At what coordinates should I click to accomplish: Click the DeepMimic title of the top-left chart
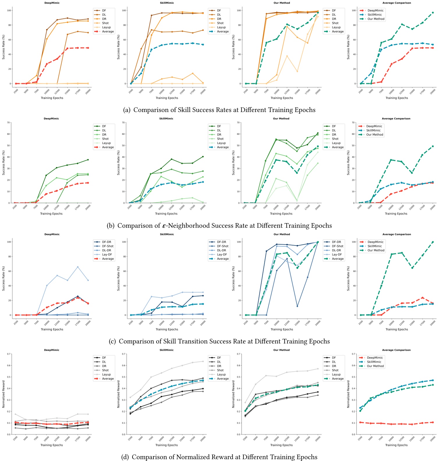tap(52, 3)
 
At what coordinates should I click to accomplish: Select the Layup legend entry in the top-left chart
tap(106, 27)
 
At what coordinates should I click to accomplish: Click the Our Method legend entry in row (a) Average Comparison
tap(376, 19)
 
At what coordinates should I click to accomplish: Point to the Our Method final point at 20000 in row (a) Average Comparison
tap(433, 12)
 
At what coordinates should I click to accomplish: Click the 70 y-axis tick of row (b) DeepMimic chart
tap(9, 123)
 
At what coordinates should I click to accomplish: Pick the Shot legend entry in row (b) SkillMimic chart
tap(220, 139)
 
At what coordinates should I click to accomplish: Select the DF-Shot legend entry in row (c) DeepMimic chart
tap(108, 246)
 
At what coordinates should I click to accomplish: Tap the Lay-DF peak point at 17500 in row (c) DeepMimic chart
tap(78, 267)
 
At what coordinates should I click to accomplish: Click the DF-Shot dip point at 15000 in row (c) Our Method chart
tap(297, 306)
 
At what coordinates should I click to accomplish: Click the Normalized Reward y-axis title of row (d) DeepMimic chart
tap(3, 394)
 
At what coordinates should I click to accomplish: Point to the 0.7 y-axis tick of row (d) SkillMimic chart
tap(124, 354)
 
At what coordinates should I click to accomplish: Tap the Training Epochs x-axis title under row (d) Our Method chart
tap(281, 445)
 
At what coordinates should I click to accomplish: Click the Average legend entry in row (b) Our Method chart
tap(338, 147)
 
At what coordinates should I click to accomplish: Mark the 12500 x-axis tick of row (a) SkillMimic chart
tap(172, 90)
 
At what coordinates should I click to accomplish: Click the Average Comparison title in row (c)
tap(396, 234)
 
